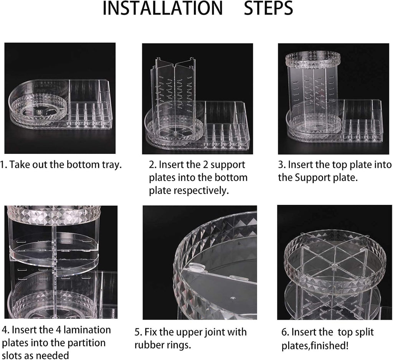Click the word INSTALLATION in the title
(x=163, y=8)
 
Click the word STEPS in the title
(x=268, y=8)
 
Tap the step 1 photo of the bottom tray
(x=60, y=98)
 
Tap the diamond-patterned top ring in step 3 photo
(x=313, y=60)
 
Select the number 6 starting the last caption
(x=285, y=332)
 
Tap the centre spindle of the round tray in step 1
(x=39, y=111)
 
